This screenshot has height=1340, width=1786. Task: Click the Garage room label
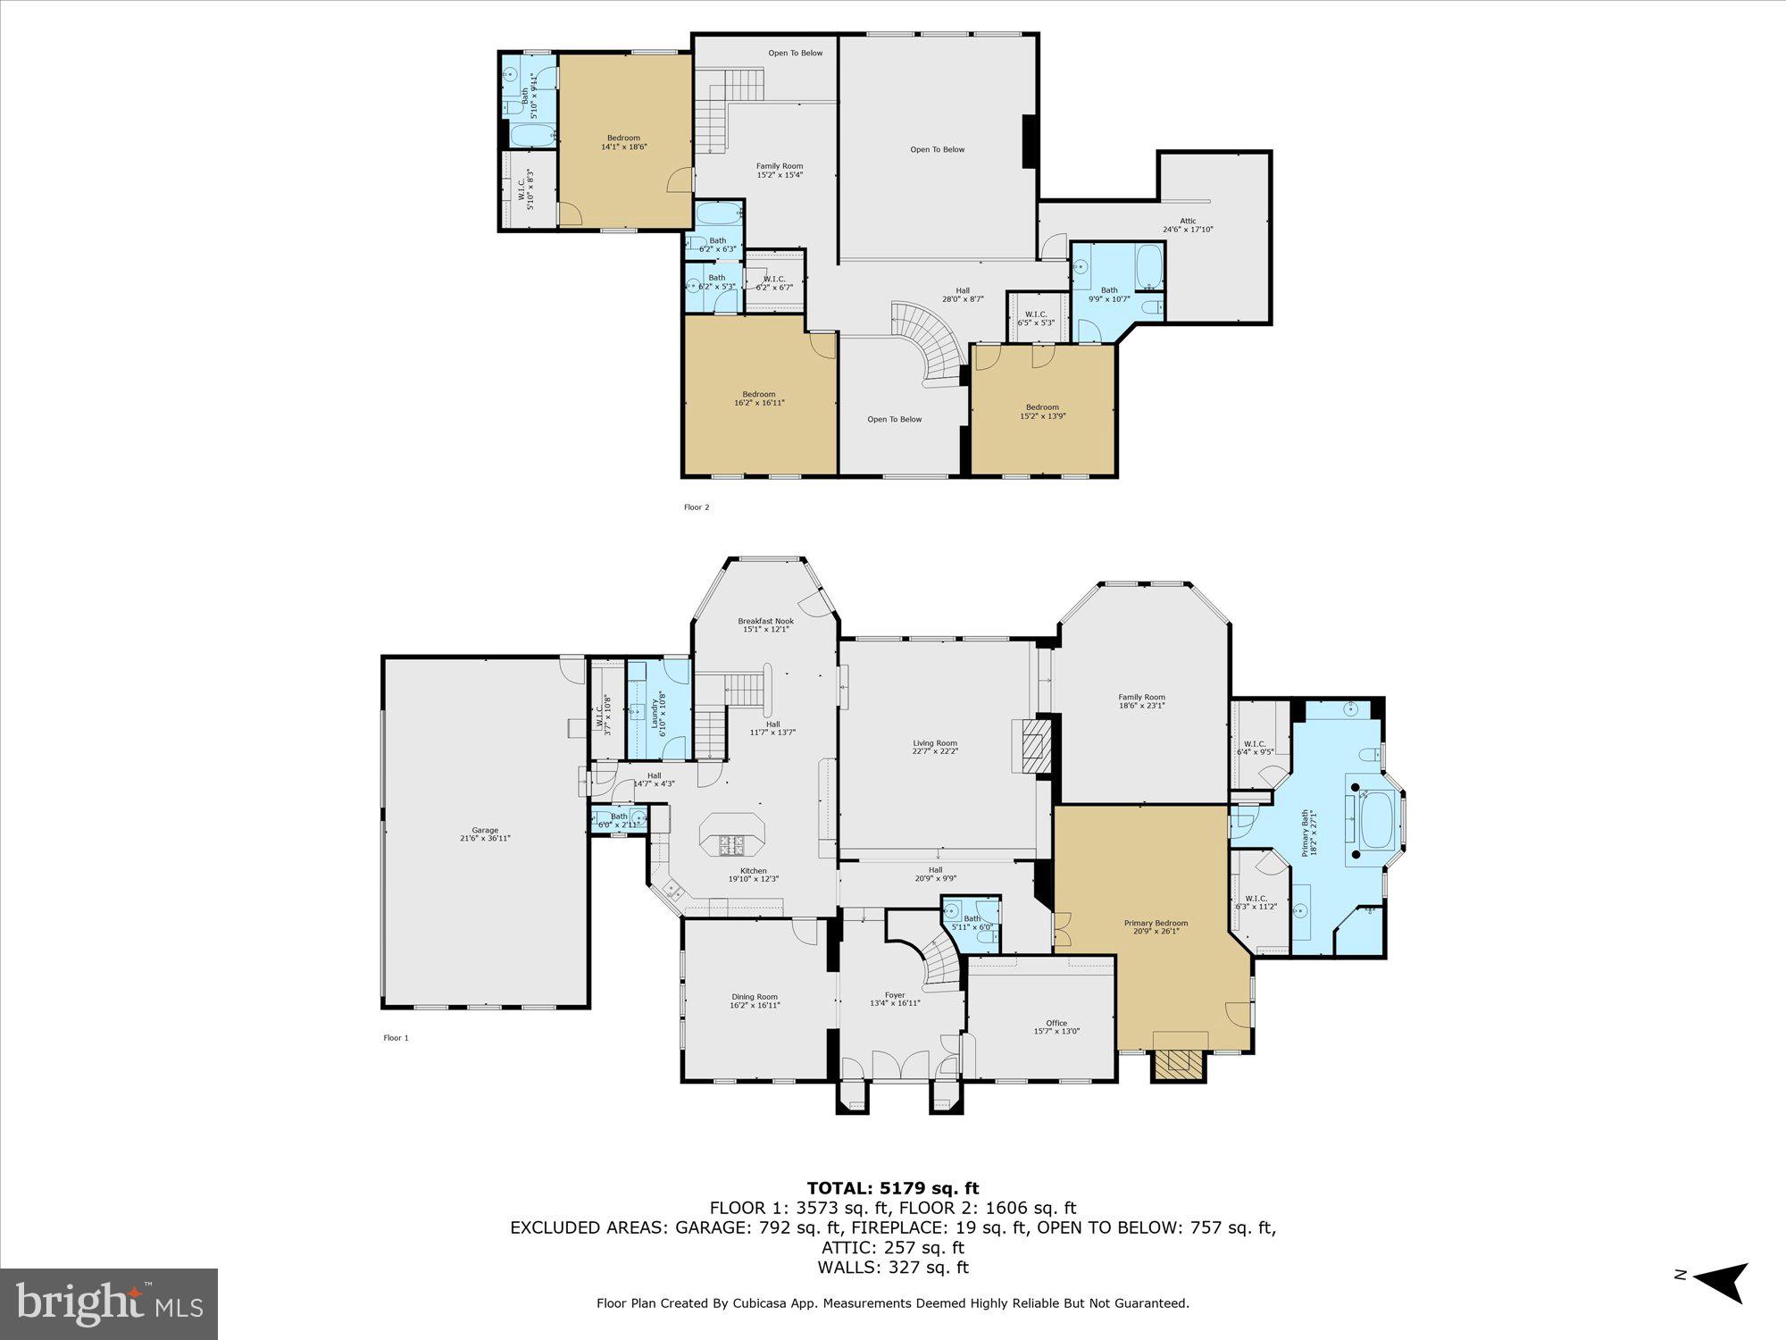point(485,833)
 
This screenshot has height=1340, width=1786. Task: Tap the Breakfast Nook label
point(765,624)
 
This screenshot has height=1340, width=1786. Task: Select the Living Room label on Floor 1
point(935,747)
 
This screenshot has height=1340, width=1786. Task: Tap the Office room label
point(1056,1027)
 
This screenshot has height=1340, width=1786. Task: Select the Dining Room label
point(755,1001)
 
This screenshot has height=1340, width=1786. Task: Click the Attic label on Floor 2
point(1188,225)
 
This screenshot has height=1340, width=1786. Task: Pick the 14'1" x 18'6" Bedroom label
point(623,142)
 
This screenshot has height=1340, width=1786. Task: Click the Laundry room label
point(658,712)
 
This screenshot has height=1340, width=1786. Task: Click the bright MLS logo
point(109,1303)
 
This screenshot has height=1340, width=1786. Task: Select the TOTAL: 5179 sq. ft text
point(892,1188)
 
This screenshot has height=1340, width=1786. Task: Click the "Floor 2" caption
point(697,507)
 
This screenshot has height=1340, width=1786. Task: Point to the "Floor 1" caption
point(396,1038)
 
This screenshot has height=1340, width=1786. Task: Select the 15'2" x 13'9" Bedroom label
point(1042,411)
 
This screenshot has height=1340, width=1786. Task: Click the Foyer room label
point(895,999)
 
